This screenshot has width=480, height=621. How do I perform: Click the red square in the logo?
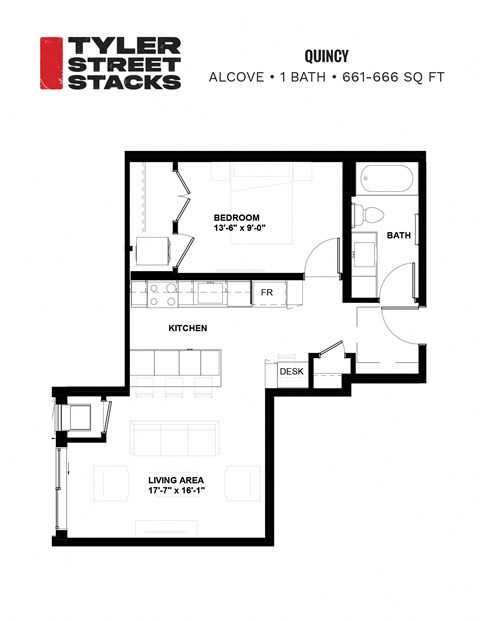[x=51, y=63]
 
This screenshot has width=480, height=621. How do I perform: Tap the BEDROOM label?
[x=237, y=218]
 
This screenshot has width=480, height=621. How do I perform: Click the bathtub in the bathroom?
[x=381, y=180]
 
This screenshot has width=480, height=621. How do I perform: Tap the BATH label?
[x=399, y=236]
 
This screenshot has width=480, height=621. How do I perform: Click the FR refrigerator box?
[x=268, y=293]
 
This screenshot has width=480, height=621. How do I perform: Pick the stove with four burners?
[x=164, y=294]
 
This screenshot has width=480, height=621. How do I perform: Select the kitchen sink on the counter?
[x=210, y=294]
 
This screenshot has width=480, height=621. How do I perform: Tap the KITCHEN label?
[x=187, y=327]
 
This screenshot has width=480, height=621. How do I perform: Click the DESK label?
[x=291, y=372]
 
